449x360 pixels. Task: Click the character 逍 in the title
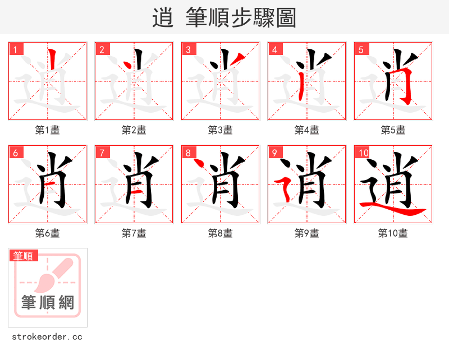click(x=163, y=18)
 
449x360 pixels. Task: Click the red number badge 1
click(x=15, y=49)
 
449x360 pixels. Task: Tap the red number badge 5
click(x=361, y=49)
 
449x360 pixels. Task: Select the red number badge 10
click(x=362, y=153)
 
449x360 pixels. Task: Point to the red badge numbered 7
click(x=102, y=153)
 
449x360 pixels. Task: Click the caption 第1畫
click(x=48, y=130)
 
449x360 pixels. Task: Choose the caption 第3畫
click(x=221, y=130)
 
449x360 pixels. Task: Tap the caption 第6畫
click(x=48, y=233)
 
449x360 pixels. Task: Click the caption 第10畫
click(x=393, y=233)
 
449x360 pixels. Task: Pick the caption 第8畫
click(x=221, y=233)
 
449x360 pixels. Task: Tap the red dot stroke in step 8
click(x=197, y=164)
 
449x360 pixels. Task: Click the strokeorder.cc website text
click(x=47, y=337)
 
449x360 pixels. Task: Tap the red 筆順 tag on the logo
click(x=24, y=256)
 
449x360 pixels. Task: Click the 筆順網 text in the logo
click(x=48, y=303)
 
